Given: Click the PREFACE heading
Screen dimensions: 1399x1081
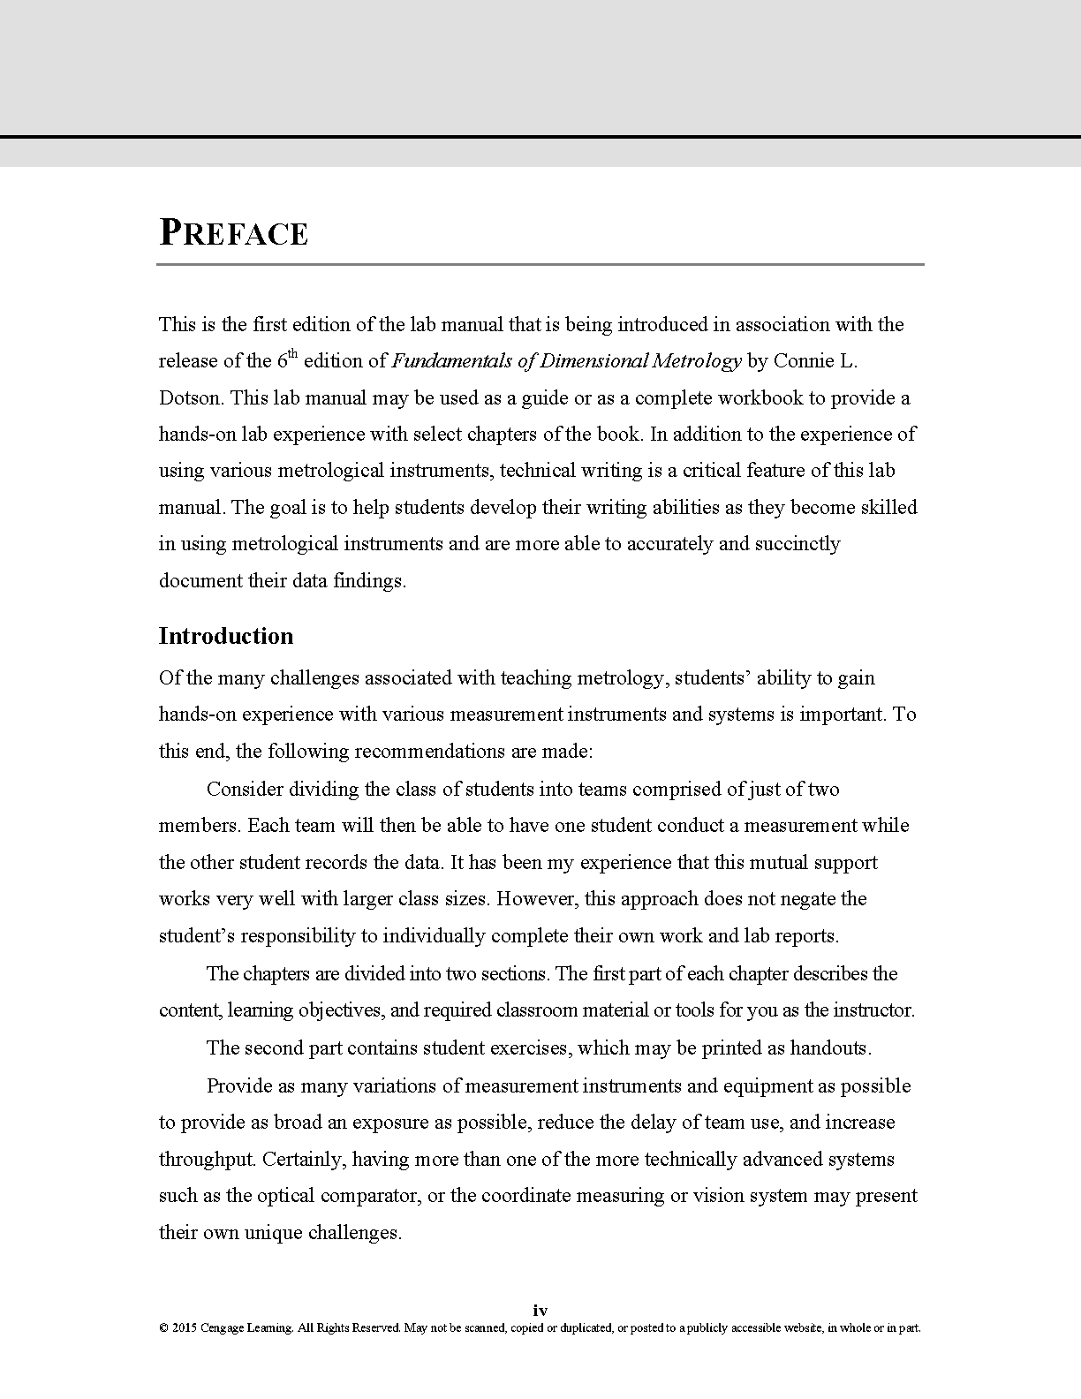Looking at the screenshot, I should (x=234, y=233).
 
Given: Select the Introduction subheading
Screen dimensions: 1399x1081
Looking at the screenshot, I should (x=226, y=637).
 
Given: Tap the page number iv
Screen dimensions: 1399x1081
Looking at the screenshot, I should (x=540, y=1311).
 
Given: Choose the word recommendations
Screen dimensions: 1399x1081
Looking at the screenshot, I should (x=429, y=752).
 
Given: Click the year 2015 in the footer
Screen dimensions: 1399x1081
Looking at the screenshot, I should (x=185, y=1328).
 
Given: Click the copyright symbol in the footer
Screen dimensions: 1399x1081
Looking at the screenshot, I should (x=163, y=1328).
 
